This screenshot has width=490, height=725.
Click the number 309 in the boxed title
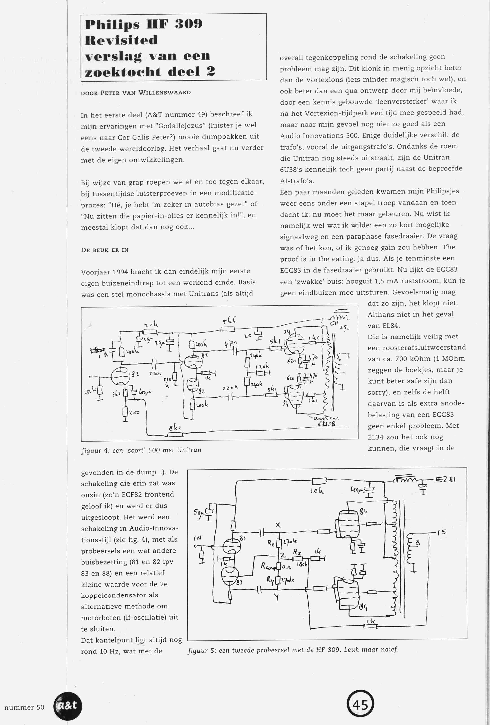188,24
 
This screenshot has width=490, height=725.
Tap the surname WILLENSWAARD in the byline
165,93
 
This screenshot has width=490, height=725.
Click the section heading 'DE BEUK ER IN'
105,250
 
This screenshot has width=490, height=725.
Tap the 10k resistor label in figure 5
317,491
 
